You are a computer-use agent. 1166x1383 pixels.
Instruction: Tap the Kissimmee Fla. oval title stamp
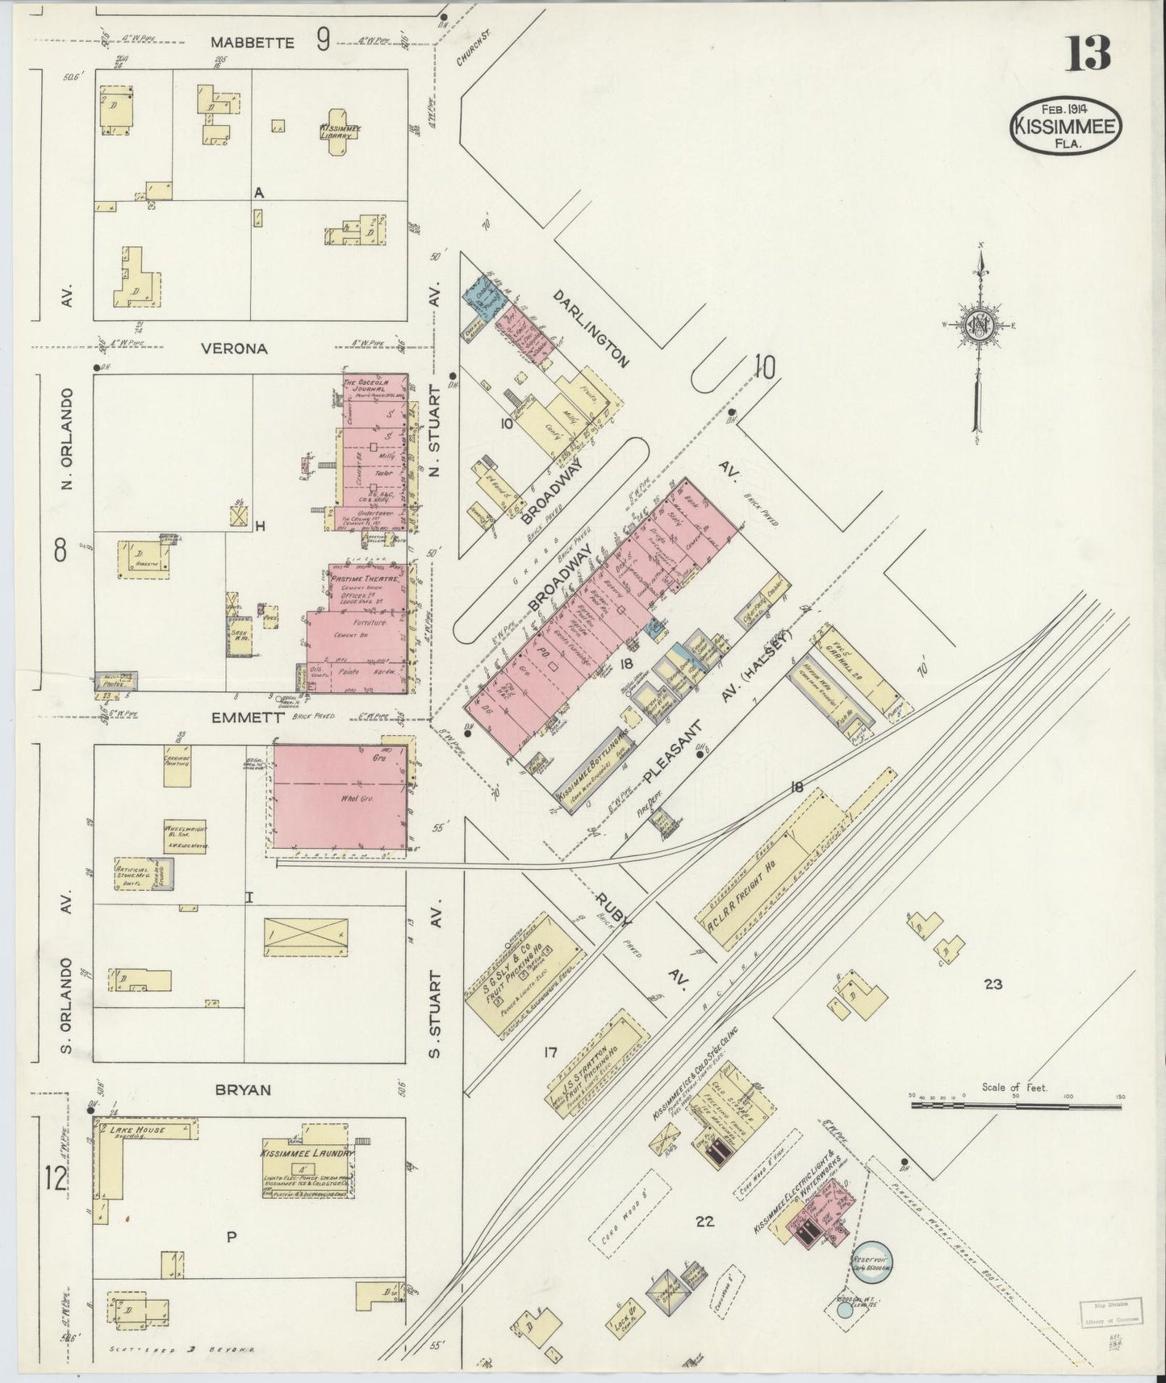(1067, 127)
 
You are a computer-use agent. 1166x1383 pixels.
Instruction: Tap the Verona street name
(235, 349)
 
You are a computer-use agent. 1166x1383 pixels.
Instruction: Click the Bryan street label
(243, 1089)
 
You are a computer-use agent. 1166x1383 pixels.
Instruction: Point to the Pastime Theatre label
(366, 579)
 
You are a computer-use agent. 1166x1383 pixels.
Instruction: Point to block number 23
(993, 984)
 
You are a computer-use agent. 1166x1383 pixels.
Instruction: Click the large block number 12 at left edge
(56, 1179)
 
